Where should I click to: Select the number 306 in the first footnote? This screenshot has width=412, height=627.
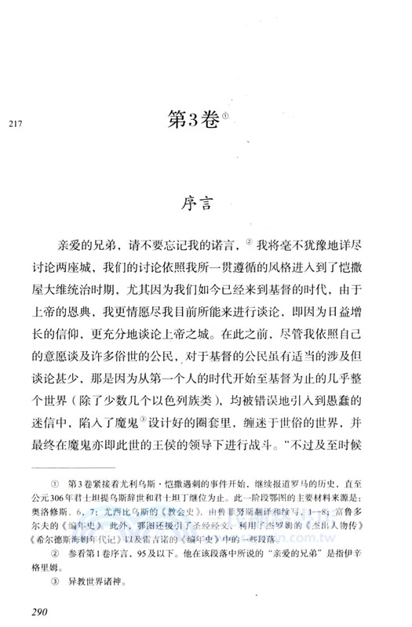(x=76, y=508)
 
